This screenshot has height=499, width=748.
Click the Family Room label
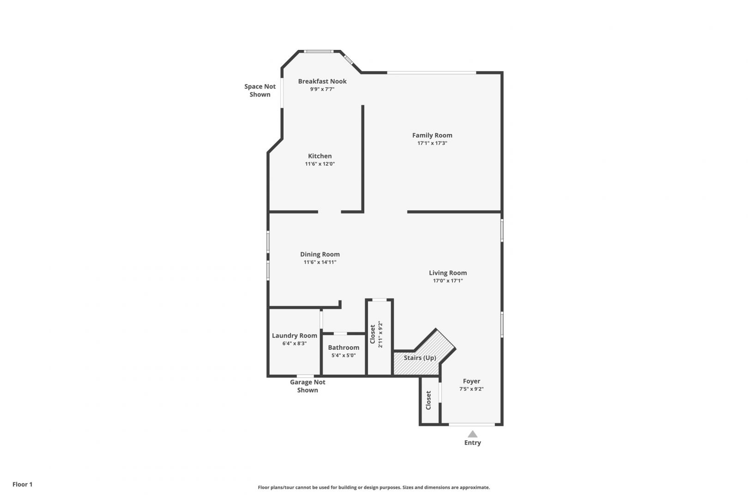[432, 135]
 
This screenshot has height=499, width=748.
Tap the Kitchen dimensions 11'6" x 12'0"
[320, 164]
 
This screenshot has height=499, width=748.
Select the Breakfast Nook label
[322, 81]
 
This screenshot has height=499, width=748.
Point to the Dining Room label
[320, 255]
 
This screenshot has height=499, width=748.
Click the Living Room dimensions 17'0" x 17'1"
[448, 281]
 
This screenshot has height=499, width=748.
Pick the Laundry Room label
[295, 335]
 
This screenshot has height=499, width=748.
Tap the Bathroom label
[344, 347]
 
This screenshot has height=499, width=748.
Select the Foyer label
[471, 381]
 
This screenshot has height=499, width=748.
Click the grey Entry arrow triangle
[472, 434]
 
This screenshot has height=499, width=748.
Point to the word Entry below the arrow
[472, 443]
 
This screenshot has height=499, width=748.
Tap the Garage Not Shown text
[308, 386]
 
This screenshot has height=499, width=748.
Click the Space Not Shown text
[260, 90]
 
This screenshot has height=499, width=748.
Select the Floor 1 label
[22, 484]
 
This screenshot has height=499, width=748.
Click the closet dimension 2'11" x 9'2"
[380, 335]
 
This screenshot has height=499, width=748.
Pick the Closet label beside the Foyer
[428, 400]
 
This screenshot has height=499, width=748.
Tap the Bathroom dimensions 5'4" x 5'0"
[344, 355]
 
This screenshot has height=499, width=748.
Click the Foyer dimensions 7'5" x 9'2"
[471, 389]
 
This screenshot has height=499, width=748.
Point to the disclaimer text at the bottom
[374, 487]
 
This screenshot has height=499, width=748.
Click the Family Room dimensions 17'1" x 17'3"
[432, 143]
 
